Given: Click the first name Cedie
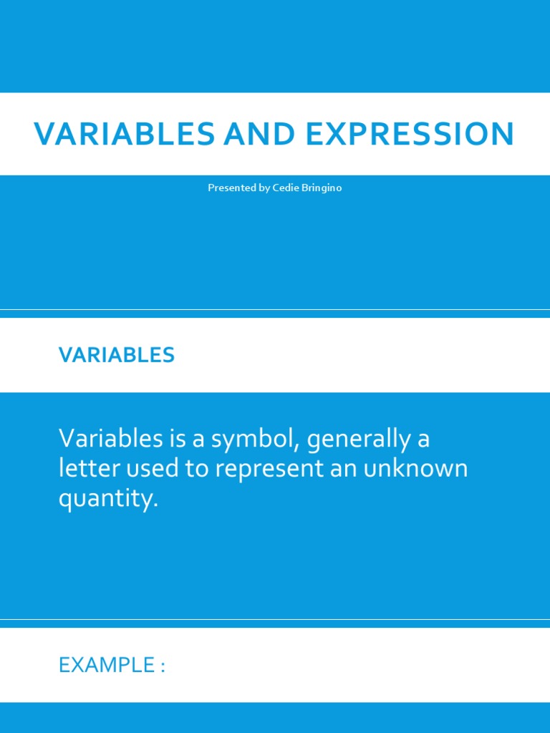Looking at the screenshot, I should [x=287, y=188].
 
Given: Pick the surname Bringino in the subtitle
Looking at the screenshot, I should [x=323, y=188].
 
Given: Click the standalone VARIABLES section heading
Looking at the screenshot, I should [x=117, y=355].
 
